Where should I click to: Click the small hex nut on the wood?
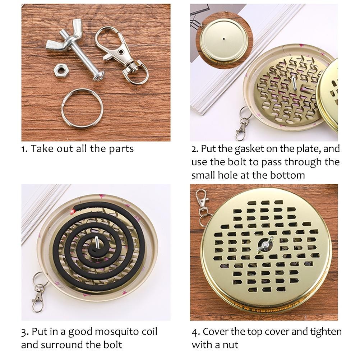60,70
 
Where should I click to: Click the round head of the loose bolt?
99,76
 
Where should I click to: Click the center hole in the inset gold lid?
223,38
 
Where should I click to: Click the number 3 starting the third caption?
24,332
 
